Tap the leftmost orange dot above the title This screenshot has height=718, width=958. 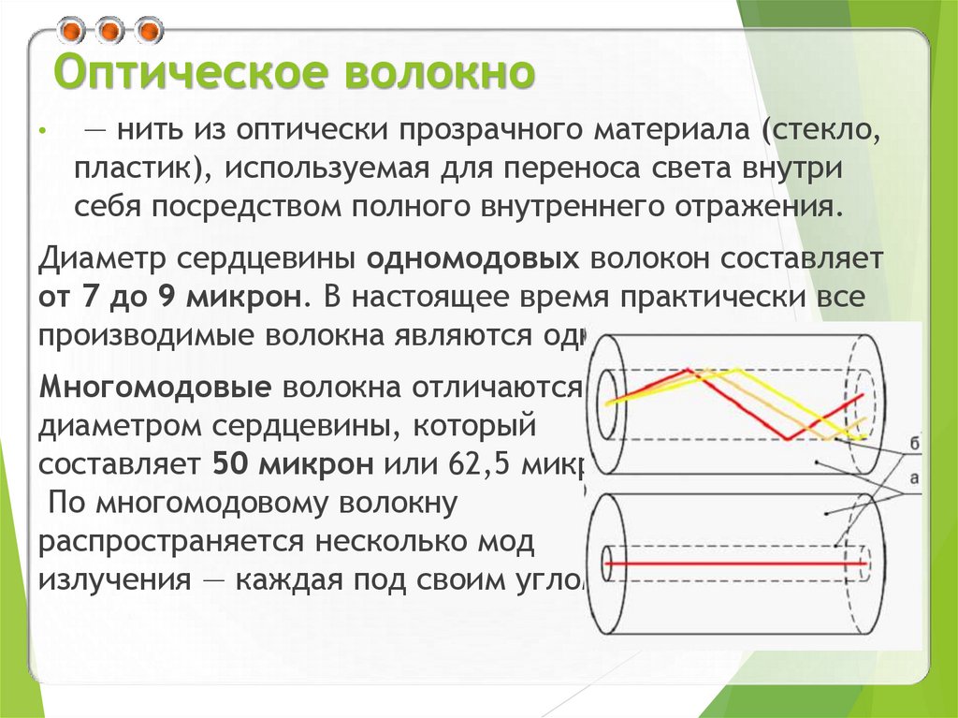[70, 32]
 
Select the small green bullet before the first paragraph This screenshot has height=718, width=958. [42, 134]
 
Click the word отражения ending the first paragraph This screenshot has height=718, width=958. [761, 206]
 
